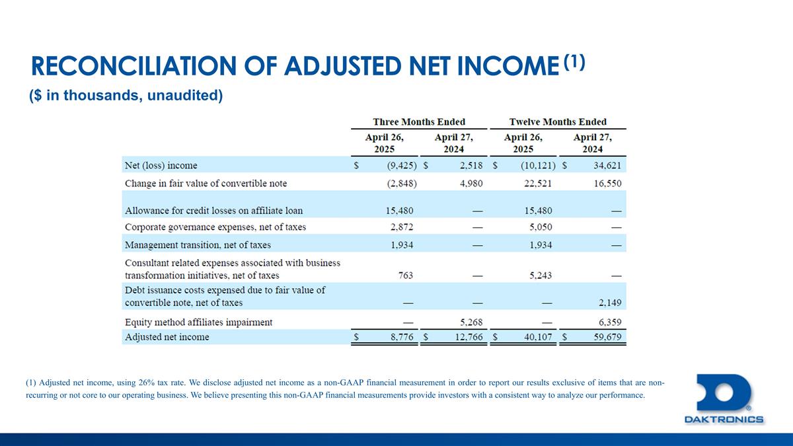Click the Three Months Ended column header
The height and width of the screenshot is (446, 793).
(x=419, y=122)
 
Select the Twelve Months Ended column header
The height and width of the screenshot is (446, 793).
(x=558, y=122)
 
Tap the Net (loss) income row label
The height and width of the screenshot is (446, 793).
(x=161, y=165)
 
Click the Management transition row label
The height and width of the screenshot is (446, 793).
(x=198, y=244)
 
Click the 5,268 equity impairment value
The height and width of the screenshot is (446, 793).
(x=469, y=322)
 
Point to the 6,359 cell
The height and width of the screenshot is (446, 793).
(x=608, y=322)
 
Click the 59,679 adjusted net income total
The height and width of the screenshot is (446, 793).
(x=603, y=337)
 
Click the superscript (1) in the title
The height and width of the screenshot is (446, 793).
(x=574, y=61)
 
